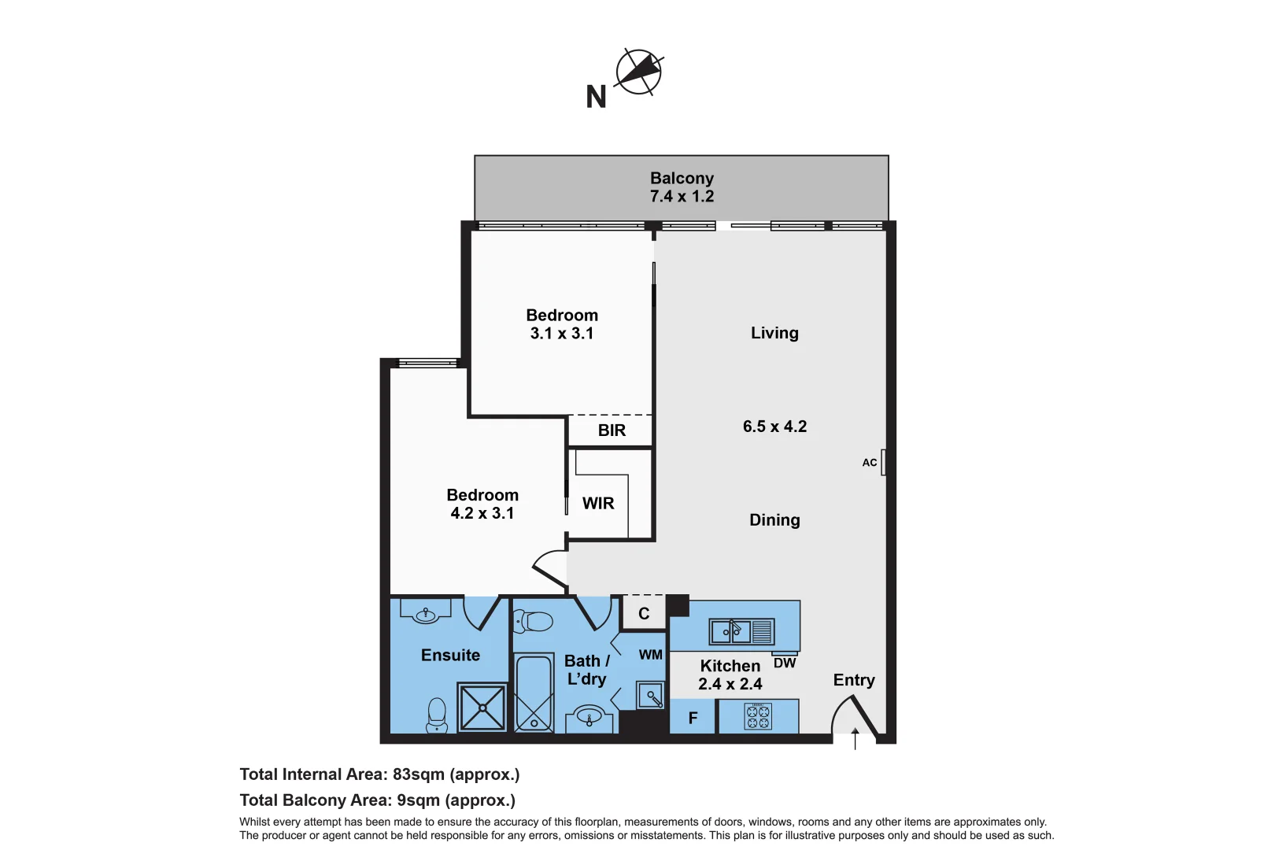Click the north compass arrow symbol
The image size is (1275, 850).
638,72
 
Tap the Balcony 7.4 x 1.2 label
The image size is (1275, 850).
682,187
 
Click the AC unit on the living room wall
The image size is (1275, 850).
883,462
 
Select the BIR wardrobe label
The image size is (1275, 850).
612,431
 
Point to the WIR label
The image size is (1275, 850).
598,504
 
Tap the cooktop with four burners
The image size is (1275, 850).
759,716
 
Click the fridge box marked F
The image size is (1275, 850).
693,718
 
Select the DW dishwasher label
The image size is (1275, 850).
784,663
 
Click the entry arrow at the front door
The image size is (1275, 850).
856,737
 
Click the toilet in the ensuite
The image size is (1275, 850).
437,715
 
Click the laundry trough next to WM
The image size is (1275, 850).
652,696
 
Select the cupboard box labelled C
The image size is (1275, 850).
644,613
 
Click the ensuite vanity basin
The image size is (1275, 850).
426,612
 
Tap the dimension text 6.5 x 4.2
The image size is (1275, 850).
774,427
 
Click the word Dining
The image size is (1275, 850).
774,520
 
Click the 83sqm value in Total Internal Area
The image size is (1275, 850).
418,774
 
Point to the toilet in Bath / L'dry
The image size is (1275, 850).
534,621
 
